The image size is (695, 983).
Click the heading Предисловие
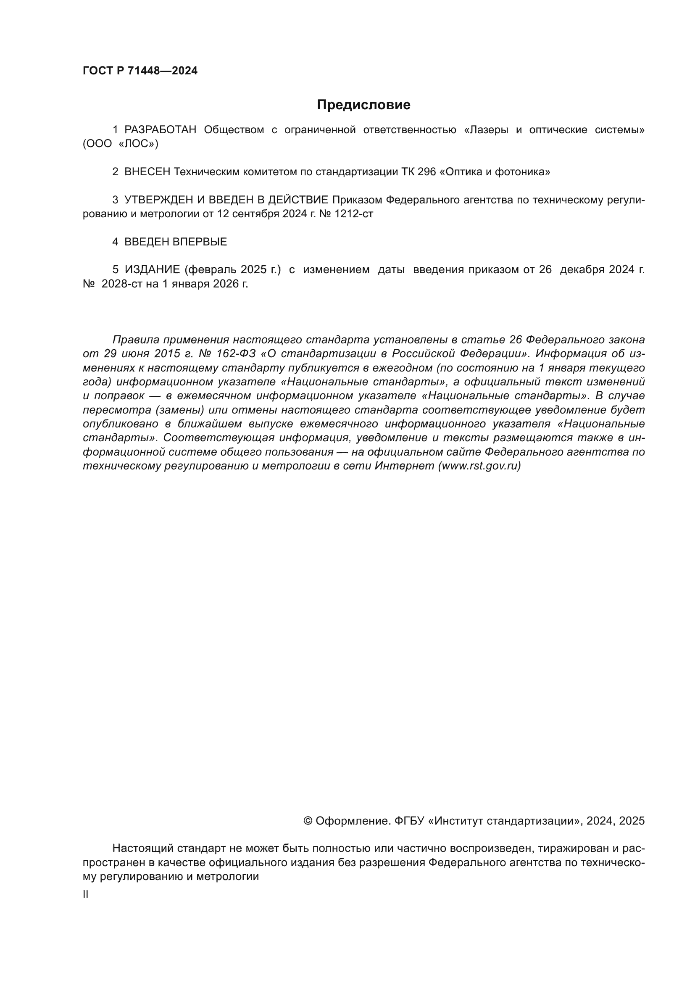click(363, 105)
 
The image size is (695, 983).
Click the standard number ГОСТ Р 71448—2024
click(140, 71)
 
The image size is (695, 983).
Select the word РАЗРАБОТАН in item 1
click(160, 130)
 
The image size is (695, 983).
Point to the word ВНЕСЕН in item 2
click(147, 172)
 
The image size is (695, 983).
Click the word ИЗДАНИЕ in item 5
click(152, 270)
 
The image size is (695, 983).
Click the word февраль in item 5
click(208, 270)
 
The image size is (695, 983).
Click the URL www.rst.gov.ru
click(479, 466)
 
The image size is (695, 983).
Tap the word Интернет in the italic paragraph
click(404, 466)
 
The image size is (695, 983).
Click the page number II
click(86, 894)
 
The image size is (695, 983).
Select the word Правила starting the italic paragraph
click(136, 340)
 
